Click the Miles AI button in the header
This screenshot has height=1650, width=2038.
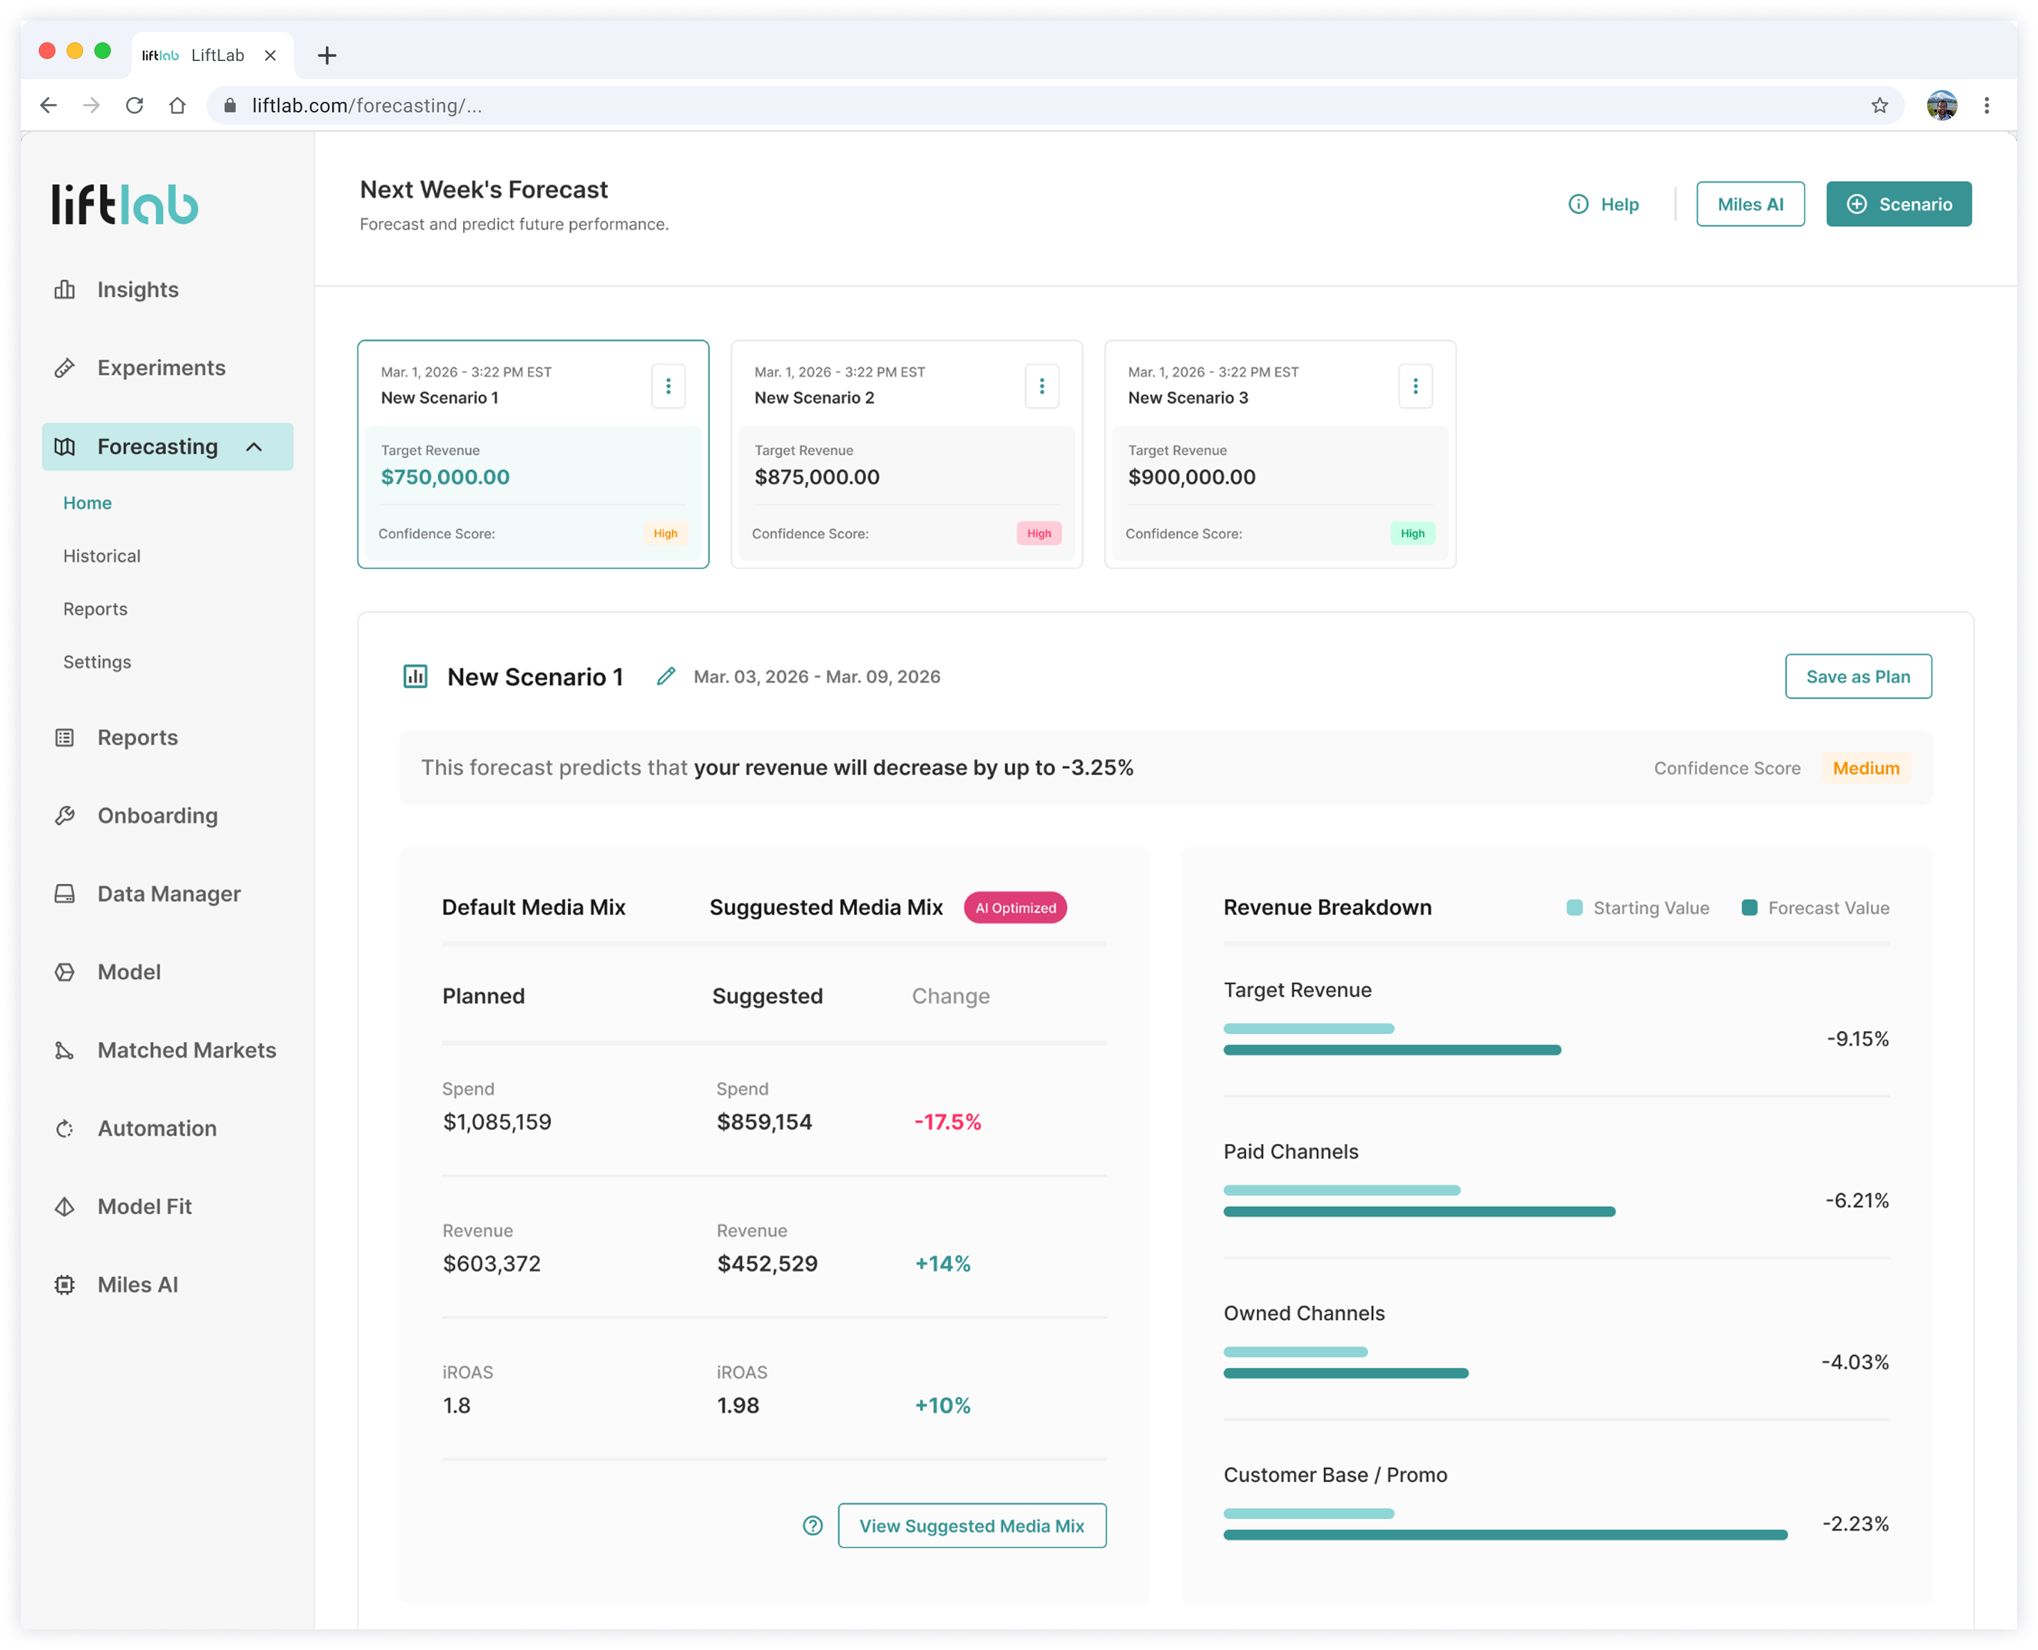click(x=1750, y=205)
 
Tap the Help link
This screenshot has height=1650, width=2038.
click(x=1604, y=205)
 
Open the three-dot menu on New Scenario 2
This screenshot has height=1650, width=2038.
click(x=1041, y=386)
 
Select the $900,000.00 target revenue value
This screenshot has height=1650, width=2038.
click(x=1192, y=477)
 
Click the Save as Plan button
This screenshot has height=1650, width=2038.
click(x=1858, y=677)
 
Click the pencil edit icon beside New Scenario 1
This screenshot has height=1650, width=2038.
click(x=666, y=677)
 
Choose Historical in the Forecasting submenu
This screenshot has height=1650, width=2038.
click(x=102, y=556)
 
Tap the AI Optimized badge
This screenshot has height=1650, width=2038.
click(x=1015, y=907)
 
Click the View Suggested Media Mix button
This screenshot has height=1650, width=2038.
click(x=972, y=1525)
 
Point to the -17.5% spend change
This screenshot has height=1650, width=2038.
click(x=948, y=1122)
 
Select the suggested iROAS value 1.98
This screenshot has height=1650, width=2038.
click(x=738, y=1406)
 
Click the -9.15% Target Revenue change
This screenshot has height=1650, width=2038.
click(x=1858, y=1039)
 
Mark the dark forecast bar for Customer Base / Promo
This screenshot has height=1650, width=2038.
click(x=1505, y=1535)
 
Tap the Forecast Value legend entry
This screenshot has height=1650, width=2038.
click(x=1815, y=907)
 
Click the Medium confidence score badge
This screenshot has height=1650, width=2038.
click(x=1866, y=768)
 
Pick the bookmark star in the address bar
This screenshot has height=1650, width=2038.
click(x=1879, y=105)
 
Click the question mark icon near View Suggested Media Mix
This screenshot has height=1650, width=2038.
click(x=812, y=1525)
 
